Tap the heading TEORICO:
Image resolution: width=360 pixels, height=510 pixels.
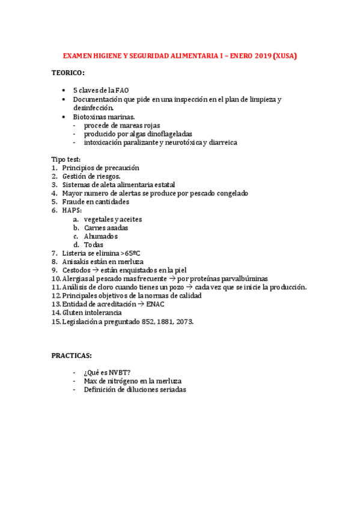(x=68, y=73)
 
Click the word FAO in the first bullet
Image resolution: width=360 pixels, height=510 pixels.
(x=122, y=90)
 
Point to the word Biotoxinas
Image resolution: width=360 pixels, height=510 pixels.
(x=90, y=116)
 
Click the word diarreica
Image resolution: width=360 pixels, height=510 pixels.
(x=222, y=143)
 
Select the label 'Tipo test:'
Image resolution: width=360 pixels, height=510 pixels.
(x=66, y=159)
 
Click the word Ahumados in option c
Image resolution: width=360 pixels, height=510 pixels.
(x=101, y=236)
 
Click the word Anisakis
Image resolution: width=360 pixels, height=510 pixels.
(x=75, y=262)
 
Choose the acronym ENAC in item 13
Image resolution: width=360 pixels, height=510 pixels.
(x=156, y=304)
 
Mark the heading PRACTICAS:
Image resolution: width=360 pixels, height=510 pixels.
(x=72, y=355)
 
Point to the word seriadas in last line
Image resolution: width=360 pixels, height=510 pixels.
(x=171, y=389)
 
